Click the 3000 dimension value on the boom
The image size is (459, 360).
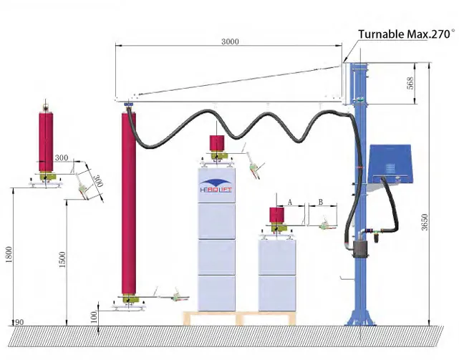click(x=231, y=42)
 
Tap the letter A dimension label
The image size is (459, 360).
click(x=290, y=203)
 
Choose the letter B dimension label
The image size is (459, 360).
click(x=321, y=203)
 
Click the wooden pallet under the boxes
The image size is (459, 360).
click(x=244, y=318)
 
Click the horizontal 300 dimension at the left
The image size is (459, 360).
click(x=62, y=157)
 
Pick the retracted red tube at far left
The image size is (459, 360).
click(x=47, y=140)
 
